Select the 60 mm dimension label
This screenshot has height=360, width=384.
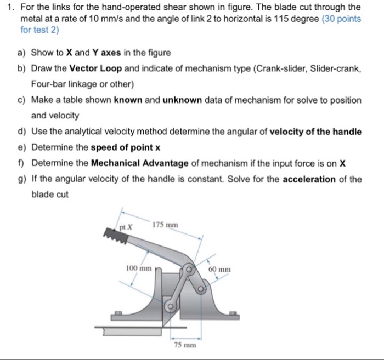(220, 270)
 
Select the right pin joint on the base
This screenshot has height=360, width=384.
(202, 285)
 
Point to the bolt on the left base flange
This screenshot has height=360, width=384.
(117, 314)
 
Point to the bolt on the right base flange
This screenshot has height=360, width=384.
(233, 313)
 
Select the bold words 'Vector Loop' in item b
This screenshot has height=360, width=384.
(96, 69)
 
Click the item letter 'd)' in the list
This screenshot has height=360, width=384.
(22, 132)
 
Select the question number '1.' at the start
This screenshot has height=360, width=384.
(8, 7)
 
